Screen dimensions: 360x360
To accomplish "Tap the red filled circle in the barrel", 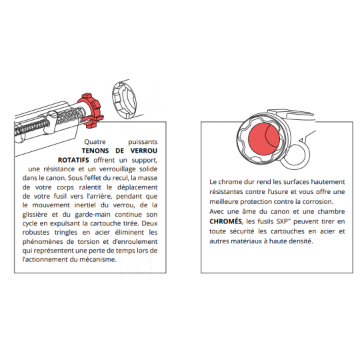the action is (x=264, y=139).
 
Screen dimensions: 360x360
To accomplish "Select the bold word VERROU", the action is (x=144, y=151).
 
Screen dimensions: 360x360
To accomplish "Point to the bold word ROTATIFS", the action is (x=73, y=160).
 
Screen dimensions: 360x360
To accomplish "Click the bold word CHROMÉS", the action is (x=225, y=221).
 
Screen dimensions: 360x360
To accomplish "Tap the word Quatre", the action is (x=95, y=142).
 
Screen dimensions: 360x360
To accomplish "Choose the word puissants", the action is (x=143, y=142).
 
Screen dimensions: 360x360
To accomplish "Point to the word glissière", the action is (x=35, y=215).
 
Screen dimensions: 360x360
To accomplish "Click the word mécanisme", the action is (x=98, y=259).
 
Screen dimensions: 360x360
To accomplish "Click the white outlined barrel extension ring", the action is (x=124, y=100).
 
